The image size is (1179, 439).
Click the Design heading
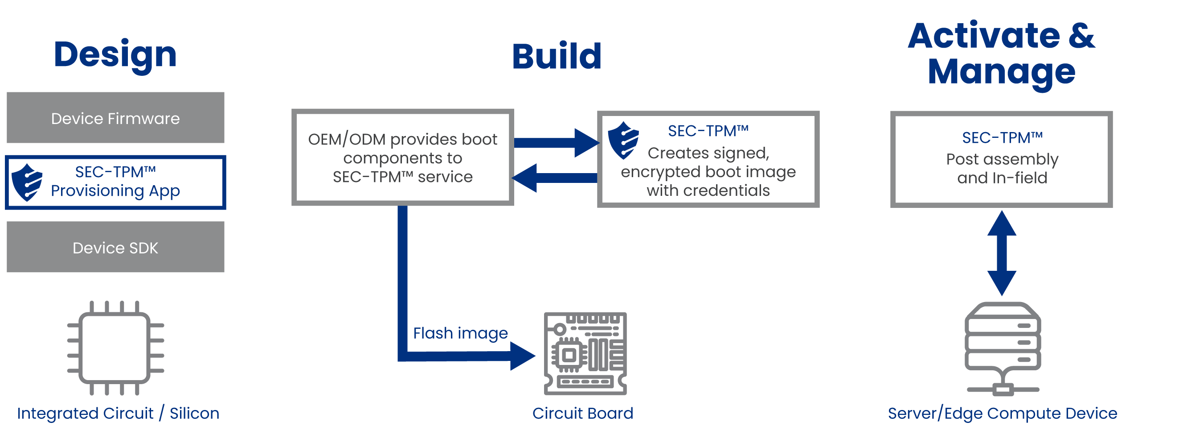tap(115, 55)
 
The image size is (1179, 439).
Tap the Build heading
tap(557, 56)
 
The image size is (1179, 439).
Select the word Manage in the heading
tap(1001, 72)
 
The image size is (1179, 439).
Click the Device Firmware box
tap(115, 118)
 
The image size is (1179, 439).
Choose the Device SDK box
tap(115, 248)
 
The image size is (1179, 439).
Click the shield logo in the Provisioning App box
tap(27, 182)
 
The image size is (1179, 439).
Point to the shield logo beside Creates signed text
tap(623, 140)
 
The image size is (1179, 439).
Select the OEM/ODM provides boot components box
tap(402, 157)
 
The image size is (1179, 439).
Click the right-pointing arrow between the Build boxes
tap(556, 143)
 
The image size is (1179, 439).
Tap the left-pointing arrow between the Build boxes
tap(554, 178)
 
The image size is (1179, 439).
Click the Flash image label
tap(460, 333)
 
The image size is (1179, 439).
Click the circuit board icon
tap(585, 353)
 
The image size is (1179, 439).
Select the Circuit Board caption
tap(582, 413)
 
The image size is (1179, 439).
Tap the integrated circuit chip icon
tap(115, 348)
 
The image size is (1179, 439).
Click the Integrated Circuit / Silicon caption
tap(118, 413)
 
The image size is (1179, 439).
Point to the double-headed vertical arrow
tap(1001, 253)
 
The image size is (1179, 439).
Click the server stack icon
tap(1003, 348)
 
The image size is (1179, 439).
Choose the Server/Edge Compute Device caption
tap(1003, 413)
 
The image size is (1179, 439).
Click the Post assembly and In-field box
tap(1001, 158)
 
